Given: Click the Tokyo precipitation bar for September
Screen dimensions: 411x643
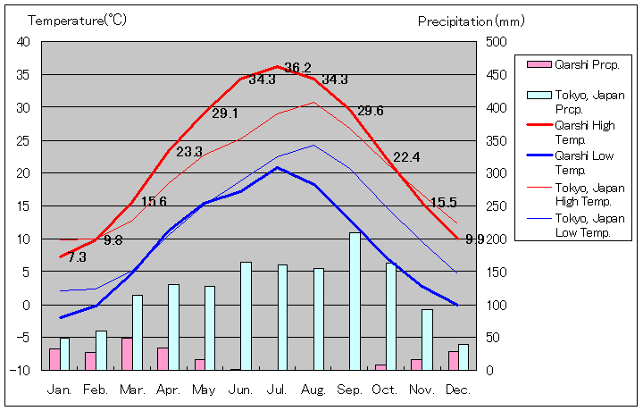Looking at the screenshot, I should [355, 301].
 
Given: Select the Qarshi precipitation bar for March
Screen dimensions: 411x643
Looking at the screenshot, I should [127, 354].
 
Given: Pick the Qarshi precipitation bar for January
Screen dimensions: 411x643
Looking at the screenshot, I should [54, 359].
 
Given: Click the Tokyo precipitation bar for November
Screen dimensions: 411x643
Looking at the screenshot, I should [427, 340].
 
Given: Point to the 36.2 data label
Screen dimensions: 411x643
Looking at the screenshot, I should [297, 68].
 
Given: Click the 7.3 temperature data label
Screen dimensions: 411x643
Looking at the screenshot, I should [77, 257].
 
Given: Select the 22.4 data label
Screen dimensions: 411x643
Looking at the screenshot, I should [406, 157].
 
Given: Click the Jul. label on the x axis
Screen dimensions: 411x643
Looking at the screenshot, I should [277, 390].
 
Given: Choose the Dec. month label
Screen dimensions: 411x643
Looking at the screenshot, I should [457, 390].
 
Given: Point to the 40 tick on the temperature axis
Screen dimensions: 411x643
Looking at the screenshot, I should [23, 42].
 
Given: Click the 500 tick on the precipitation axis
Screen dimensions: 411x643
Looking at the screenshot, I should [496, 42].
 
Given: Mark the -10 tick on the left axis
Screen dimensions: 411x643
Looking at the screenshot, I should [21, 370].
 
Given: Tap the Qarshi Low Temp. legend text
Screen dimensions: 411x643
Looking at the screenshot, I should [585, 162].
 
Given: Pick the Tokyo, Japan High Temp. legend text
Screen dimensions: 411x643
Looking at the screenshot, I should [589, 194].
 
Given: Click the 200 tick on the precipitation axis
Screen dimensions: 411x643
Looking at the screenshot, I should [496, 239].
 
